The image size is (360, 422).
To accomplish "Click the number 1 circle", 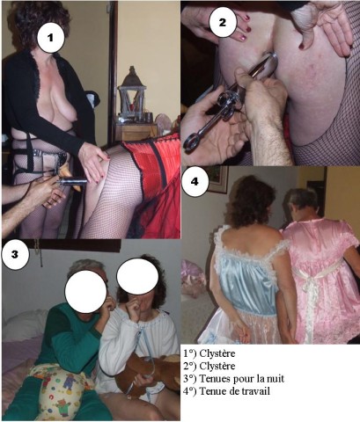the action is tap(51, 38).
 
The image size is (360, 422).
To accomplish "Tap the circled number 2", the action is tap(222, 23).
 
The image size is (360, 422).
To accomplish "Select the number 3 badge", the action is tap(15, 255).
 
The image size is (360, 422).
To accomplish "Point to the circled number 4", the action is tap(195, 182).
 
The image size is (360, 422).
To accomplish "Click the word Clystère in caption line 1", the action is tap(217, 353).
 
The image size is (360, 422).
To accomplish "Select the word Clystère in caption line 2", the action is tap(217, 367).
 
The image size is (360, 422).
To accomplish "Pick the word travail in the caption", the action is tap(258, 391).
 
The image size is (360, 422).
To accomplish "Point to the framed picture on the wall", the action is tap(217, 180).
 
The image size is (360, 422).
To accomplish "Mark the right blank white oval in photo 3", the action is tap(137, 276).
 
